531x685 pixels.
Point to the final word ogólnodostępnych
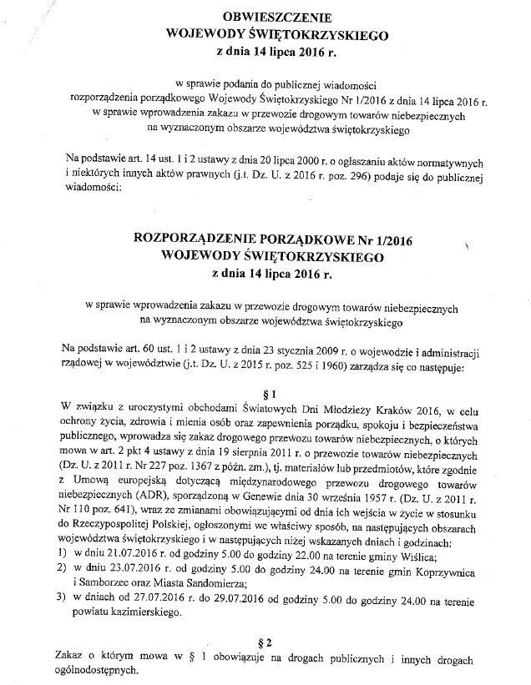(93, 671)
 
